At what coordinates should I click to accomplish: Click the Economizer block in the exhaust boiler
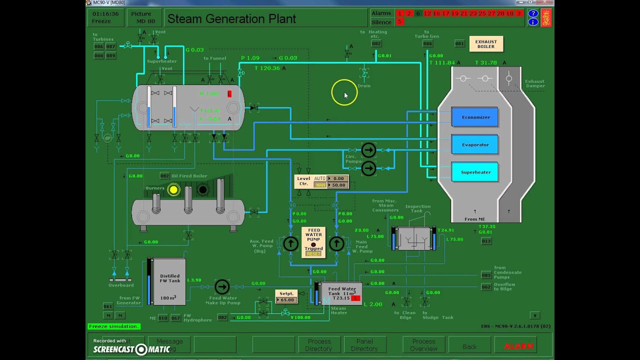pyautogui.click(x=475, y=117)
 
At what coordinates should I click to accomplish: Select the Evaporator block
pyautogui.click(x=475, y=145)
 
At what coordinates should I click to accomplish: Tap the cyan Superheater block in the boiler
pyautogui.click(x=475, y=172)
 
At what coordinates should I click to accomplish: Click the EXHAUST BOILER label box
pyautogui.click(x=486, y=44)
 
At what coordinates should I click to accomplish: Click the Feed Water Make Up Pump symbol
pyautogui.click(x=222, y=286)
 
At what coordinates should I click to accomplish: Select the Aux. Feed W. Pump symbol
pyautogui.click(x=290, y=243)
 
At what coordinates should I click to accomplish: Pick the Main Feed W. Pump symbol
pyautogui.click(x=336, y=243)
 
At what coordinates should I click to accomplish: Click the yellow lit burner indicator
pyautogui.click(x=173, y=189)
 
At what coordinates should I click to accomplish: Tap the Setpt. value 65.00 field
pyautogui.click(x=287, y=300)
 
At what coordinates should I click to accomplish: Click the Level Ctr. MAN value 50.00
pyautogui.click(x=338, y=185)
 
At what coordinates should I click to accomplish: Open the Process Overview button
pyautogui.click(x=423, y=345)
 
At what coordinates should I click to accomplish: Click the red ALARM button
pyautogui.click(x=518, y=345)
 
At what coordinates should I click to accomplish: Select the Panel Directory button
pyautogui.click(x=364, y=345)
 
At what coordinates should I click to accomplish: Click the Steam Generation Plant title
pyautogui.click(x=231, y=19)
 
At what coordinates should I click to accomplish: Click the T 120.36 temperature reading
pyautogui.click(x=267, y=68)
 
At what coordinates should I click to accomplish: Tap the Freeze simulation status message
pyautogui.click(x=113, y=326)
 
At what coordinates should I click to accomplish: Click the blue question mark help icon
pyautogui.click(x=533, y=13)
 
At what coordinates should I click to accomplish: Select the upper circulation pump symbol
pyautogui.click(x=368, y=150)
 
